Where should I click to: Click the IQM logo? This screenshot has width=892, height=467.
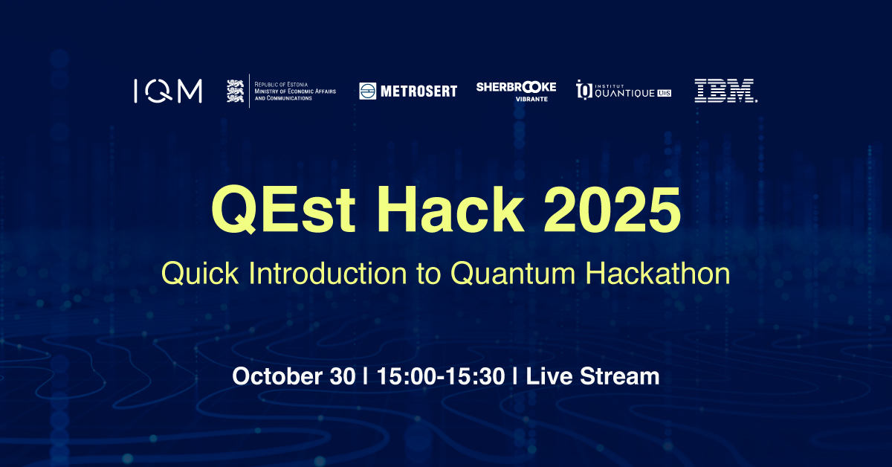(168, 91)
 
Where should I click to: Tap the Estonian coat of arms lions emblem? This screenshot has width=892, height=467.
(235, 91)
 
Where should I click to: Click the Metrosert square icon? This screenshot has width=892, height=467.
(367, 91)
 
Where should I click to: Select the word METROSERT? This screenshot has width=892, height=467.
(419, 91)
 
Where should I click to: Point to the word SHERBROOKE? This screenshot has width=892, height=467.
(516, 87)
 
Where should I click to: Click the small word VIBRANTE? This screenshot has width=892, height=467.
(531, 99)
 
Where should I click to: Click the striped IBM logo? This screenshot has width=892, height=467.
(725, 91)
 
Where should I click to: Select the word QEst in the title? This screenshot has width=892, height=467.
(283, 210)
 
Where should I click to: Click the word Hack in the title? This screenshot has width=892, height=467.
(450, 209)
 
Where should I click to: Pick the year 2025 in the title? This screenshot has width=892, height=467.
(613, 210)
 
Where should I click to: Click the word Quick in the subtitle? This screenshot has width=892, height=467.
(200, 274)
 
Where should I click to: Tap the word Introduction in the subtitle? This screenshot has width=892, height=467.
(328, 273)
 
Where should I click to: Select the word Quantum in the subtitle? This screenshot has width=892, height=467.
(513, 274)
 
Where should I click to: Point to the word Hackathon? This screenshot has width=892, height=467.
(658, 273)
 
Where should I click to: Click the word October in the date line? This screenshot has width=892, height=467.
(277, 376)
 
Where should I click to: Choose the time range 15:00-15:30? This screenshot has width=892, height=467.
(441, 376)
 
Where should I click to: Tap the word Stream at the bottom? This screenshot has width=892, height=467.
(620, 376)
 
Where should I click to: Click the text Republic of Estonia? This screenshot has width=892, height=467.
(281, 85)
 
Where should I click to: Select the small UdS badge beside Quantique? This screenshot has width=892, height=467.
(665, 93)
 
